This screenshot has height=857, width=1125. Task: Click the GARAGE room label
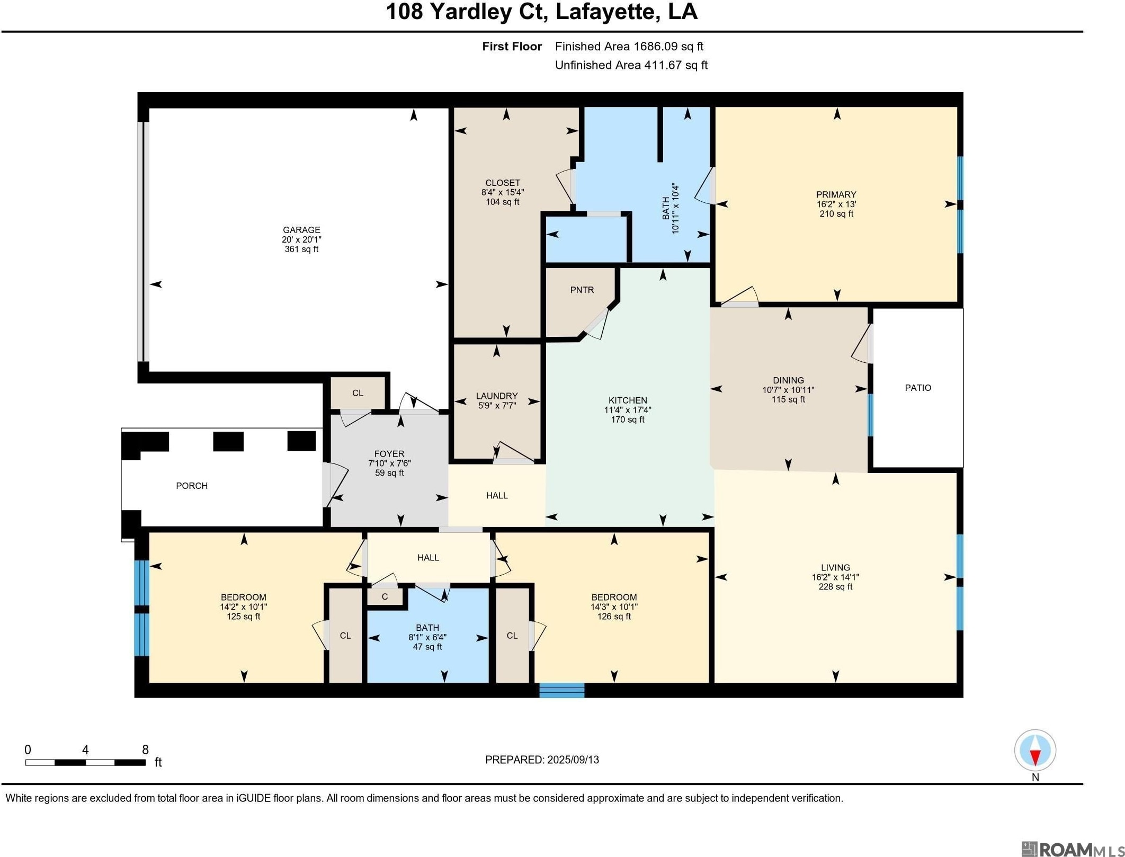click(301, 230)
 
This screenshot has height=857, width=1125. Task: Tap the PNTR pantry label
click(582, 290)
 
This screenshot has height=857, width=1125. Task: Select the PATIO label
click(918, 388)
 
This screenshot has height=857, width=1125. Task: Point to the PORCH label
click(192, 486)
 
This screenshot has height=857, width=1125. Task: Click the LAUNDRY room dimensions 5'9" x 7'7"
click(497, 406)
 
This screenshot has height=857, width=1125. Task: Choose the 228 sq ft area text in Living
click(836, 587)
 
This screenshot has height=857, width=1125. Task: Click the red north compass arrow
click(1035, 757)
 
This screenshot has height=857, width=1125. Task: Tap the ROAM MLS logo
click(1071, 849)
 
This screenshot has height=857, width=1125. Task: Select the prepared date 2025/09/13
click(573, 760)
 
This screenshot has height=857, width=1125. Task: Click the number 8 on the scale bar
click(145, 749)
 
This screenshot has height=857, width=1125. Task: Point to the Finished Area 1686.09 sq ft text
click(629, 47)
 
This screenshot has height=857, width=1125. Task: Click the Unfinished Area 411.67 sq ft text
click(631, 65)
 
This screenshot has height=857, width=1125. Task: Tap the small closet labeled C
click(385, 596)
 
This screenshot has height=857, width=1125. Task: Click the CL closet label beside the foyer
click(358, 393)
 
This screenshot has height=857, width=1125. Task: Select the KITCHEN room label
click(628, 400)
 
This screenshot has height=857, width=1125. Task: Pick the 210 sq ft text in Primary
click(836, 214)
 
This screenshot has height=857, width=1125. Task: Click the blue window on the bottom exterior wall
click(562, 690)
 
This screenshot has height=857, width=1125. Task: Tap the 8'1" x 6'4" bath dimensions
click(427, 637)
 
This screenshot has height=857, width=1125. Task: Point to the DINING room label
click(788, 380)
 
